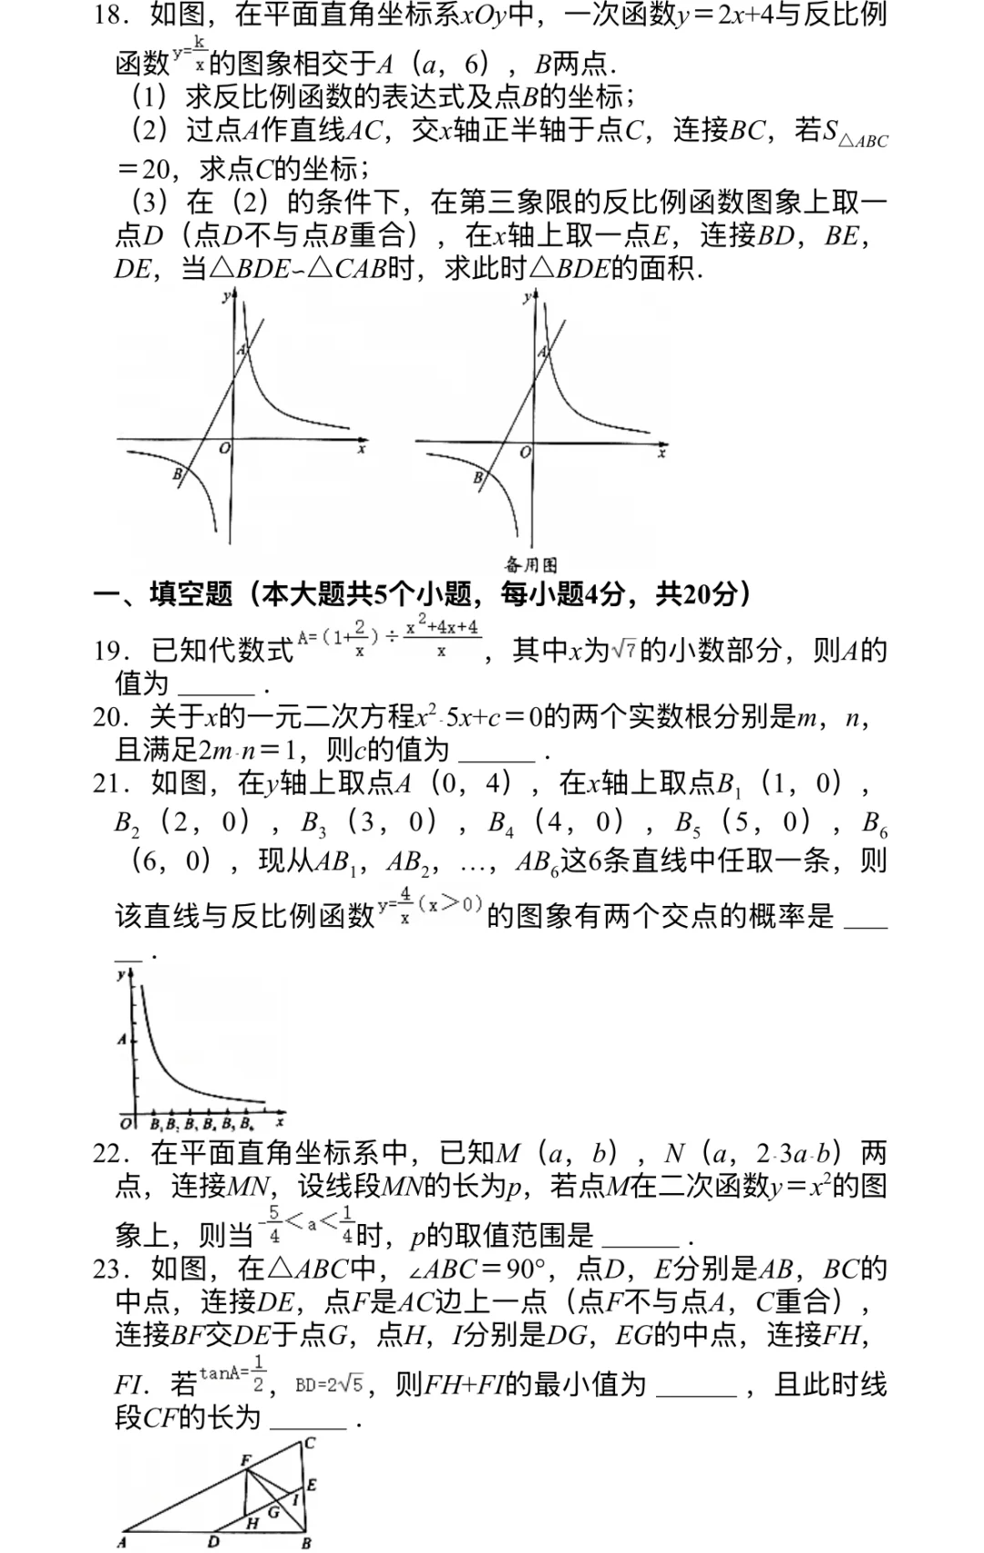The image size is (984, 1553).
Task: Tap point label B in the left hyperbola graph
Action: tap(178, 474)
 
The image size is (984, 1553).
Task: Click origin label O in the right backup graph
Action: tap(525, 452)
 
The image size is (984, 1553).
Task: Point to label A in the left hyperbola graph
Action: tap(241, 350)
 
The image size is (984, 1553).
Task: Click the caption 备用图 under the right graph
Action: tap(531, 565)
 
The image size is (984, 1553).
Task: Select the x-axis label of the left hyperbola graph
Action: tap(363, 448)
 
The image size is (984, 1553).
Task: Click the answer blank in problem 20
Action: tap(497, 753)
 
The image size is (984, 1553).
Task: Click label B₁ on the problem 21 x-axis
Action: tap(156, 1124)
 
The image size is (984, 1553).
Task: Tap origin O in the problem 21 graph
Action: tap(126, 1122)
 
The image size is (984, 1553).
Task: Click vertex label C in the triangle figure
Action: tap(310, 1443)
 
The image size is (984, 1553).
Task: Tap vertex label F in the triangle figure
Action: tap(244, 1459)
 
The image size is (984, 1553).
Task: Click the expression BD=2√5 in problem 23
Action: tap(330, 1385)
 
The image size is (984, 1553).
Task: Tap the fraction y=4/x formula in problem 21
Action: tap(429, 906)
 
